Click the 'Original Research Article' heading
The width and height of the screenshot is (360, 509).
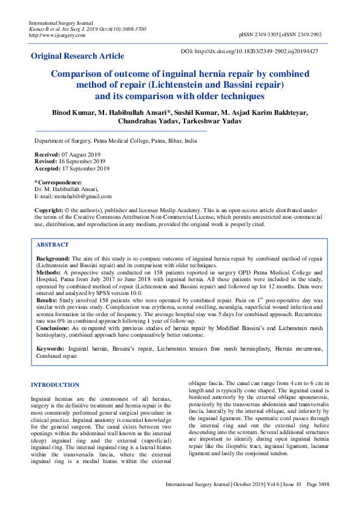[x=77, y=56]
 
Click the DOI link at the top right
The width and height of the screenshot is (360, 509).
[x=250, y=51]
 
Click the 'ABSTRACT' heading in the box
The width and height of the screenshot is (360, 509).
[x=53, y=245]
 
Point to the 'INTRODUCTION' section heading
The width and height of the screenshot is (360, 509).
[x=55, y=384]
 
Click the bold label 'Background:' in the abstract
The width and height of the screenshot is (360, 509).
[x=53, y=258]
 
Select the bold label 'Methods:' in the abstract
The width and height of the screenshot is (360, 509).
[x=49, y=273]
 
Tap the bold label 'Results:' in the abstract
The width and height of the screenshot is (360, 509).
[x=48, y=300]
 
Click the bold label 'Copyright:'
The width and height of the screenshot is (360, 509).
[x=48, y=210]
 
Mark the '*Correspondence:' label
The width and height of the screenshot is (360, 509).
[x=58, y=183]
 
